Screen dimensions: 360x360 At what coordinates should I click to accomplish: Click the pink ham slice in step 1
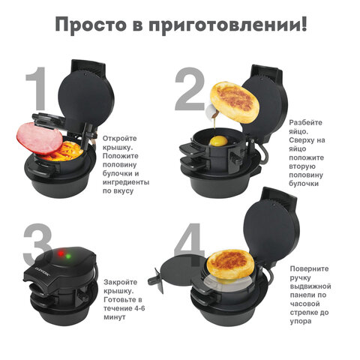coord(37,136)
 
